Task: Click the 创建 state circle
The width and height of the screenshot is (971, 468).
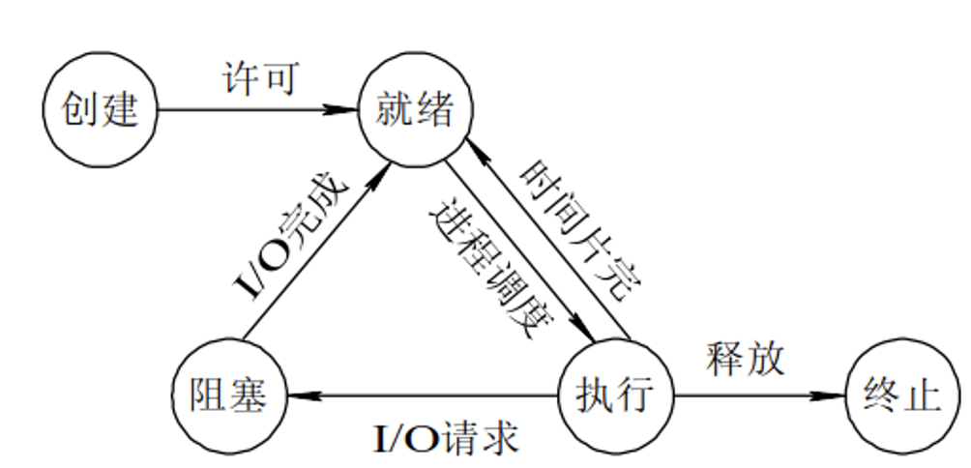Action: coord(101,109)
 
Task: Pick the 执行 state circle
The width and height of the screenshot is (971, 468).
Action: coord(617,395)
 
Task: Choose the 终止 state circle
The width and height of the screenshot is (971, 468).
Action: coord(903,395)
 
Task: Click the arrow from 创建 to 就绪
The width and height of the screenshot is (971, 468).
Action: coord(251,109)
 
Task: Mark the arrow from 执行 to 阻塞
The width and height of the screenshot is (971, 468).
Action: coord(426,395)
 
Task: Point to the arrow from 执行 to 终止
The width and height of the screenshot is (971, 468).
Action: coord(754,395)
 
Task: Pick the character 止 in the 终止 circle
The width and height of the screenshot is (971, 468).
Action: coord(925,395)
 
